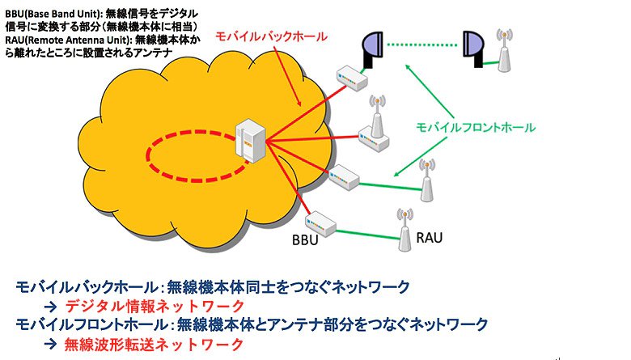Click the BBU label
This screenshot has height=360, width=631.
(305, 239)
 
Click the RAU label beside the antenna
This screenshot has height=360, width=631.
(429, 237)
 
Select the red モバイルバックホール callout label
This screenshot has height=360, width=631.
(271, 36)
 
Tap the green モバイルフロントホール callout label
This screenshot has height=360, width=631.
(475, 128)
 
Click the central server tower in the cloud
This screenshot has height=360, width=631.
(250, 141)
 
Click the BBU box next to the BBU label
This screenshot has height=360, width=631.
(320, 223)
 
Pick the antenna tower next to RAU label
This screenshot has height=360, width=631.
(404, 230)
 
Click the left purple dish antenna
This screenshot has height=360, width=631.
(372, 49)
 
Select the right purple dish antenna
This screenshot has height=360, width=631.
(472, 49)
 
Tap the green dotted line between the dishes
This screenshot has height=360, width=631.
(422, 45)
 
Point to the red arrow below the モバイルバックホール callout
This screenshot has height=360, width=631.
(287, 75)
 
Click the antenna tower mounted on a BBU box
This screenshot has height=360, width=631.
(377, 117)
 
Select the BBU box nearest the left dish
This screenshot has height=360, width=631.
(352, 78)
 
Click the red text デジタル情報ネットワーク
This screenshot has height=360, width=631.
(155, 307)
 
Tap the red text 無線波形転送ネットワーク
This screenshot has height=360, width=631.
(155, 345)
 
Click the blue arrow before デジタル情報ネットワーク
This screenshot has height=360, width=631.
(51, 307)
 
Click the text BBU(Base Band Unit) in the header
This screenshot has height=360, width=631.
(53, 14)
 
